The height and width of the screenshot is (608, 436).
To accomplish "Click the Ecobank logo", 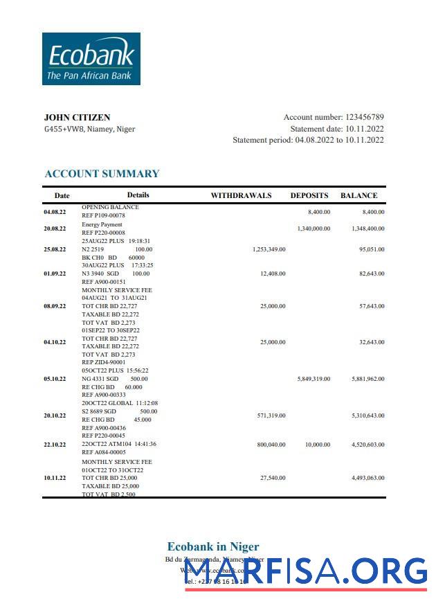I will point(91,59).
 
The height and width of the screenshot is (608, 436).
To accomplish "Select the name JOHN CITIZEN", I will point(77,118).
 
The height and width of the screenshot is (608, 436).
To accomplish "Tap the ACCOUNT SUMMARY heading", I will point(102,174).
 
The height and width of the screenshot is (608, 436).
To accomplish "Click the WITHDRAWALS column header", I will point(241,196).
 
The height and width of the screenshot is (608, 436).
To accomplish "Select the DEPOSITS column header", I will point(309,196).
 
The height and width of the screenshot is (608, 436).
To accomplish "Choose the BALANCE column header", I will point(358,196).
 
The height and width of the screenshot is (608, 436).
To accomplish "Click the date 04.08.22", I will point(55,212).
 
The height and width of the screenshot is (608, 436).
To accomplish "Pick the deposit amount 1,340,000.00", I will point(314,229).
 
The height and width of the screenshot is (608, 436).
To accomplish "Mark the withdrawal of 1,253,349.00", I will point(269,249).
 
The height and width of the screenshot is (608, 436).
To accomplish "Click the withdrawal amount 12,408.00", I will point(273,274).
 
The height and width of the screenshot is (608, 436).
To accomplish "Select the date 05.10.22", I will point(55,379).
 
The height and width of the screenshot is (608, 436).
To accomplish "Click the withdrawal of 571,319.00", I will point(271,415).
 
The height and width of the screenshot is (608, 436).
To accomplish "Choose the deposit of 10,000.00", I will point(318,445).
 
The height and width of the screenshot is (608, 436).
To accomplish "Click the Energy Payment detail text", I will point(102,224).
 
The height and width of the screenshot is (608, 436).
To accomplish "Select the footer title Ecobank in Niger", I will point(213,547).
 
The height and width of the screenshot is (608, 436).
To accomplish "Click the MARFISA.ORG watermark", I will point(305,572).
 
